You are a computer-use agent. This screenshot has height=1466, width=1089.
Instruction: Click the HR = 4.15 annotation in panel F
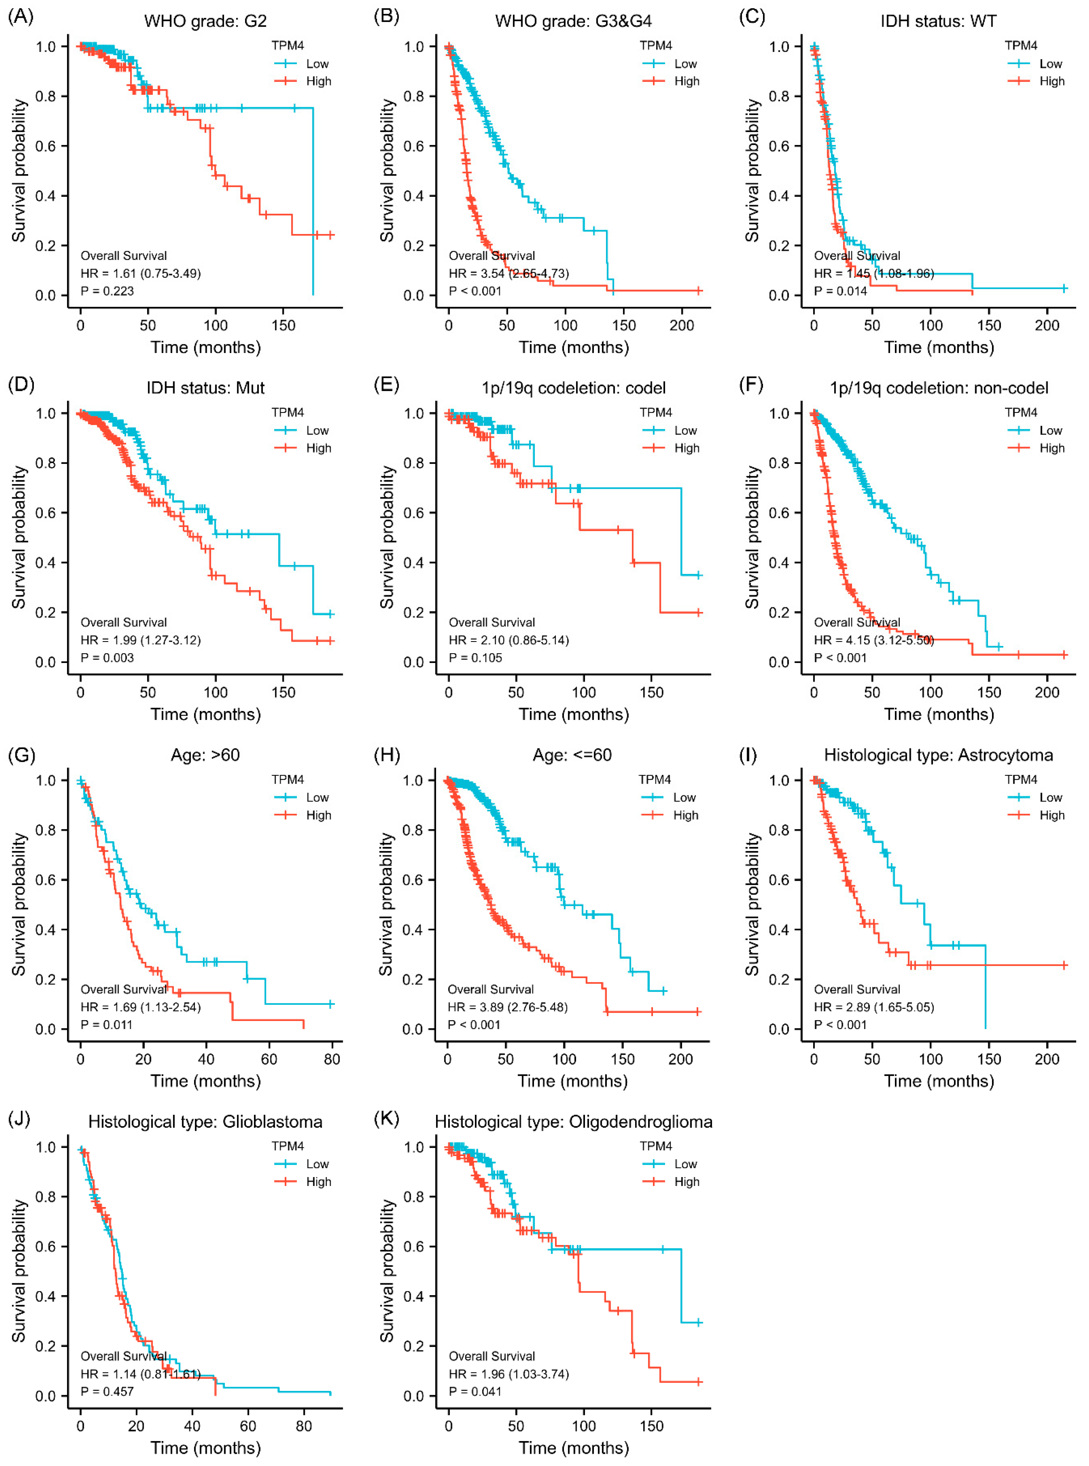pyautogui.click(x=873, y=640)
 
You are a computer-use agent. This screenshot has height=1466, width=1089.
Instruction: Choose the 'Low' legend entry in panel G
pyautogui.click(x=317, y=797)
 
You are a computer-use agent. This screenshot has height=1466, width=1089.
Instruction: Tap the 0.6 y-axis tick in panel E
pyautogui.click(x=414, y=513)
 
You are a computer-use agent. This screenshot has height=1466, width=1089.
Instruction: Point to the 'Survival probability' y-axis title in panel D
pyautogui.click(x=18, y=537)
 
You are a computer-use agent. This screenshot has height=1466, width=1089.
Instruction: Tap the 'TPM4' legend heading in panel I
pyautogui.click(x=1020, y=779)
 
